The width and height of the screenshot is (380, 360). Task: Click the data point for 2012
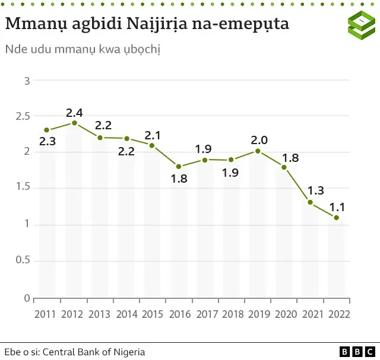pyautogui.click(x=74, y=123)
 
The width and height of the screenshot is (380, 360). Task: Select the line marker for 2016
pyautogui.click(x=179, y=167)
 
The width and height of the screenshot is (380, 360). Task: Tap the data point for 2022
pyautogui.click(x=337, y=218)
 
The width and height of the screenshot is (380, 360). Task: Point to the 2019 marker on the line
pyautogui.click(x=258, y=151)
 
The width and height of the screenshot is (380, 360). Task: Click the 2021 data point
pyautogui.click(x=310, y=202)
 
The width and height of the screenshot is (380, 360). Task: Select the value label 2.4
pyautogui.click(x=74, y=112)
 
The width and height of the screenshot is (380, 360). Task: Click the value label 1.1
pyautogui.click(x=337, y=207)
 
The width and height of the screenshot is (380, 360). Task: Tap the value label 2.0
pyautogui.click(x=259, y=140)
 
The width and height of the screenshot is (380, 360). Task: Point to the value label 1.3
pyautogui.click(x=315, y=191)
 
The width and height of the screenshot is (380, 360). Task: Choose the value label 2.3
pyautogui.click(x=47, y=141)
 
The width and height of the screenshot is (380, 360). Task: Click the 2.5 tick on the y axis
pyautogui.click(x=23, y=116)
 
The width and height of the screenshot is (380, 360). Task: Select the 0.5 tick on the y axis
pyautogui.click(x=23, y=262)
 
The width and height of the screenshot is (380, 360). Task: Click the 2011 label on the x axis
pyautogui.click(x=46, y=314)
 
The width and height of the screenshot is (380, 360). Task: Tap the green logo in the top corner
pyautogui.click(x=360, y=24)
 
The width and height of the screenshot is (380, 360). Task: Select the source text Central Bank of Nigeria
pyautogui.click(x=93, y=352)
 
